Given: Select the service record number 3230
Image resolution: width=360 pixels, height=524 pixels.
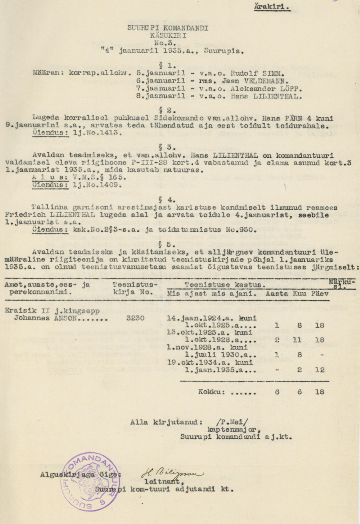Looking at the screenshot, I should [135, 318].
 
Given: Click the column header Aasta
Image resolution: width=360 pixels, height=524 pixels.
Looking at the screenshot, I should [276, 293].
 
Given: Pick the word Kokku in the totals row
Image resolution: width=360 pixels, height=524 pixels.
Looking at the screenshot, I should [211, 392].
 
